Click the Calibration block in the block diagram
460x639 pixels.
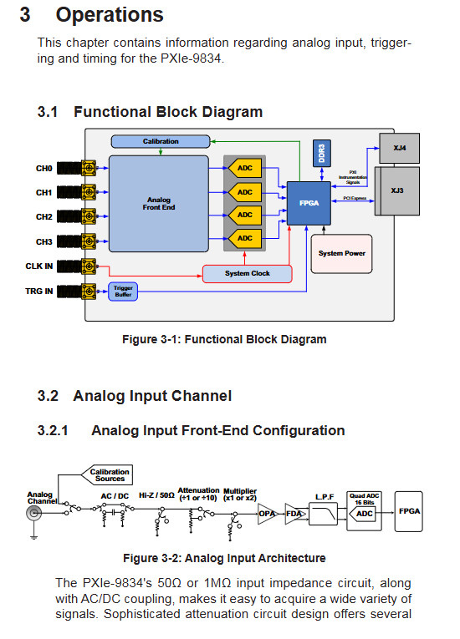click(161, 141)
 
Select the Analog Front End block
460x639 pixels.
click(159, 203)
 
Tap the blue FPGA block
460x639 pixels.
click(309, 203)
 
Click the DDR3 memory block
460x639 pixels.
click(322, 153)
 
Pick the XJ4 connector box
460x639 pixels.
click(399, 148)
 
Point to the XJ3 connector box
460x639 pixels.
click(396, 190)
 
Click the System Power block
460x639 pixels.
click(341, 253)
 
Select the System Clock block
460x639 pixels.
click(248, 273)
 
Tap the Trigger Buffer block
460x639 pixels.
click(123, 292)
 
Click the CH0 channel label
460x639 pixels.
click(44, 168)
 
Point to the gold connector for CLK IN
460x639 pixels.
click(89, 266)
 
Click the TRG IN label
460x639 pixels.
click(38, 291)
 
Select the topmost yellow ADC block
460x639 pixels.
click(244, 168)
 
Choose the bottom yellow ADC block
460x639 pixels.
click(244, 238)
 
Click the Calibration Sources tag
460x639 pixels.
click(107, 475)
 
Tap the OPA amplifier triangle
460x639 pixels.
click(266, 514)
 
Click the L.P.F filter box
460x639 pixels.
click(324, 514)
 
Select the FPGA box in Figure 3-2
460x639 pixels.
click(409, 511)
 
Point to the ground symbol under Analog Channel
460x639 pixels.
click(34, 536)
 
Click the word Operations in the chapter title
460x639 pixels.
click(110, 15)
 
